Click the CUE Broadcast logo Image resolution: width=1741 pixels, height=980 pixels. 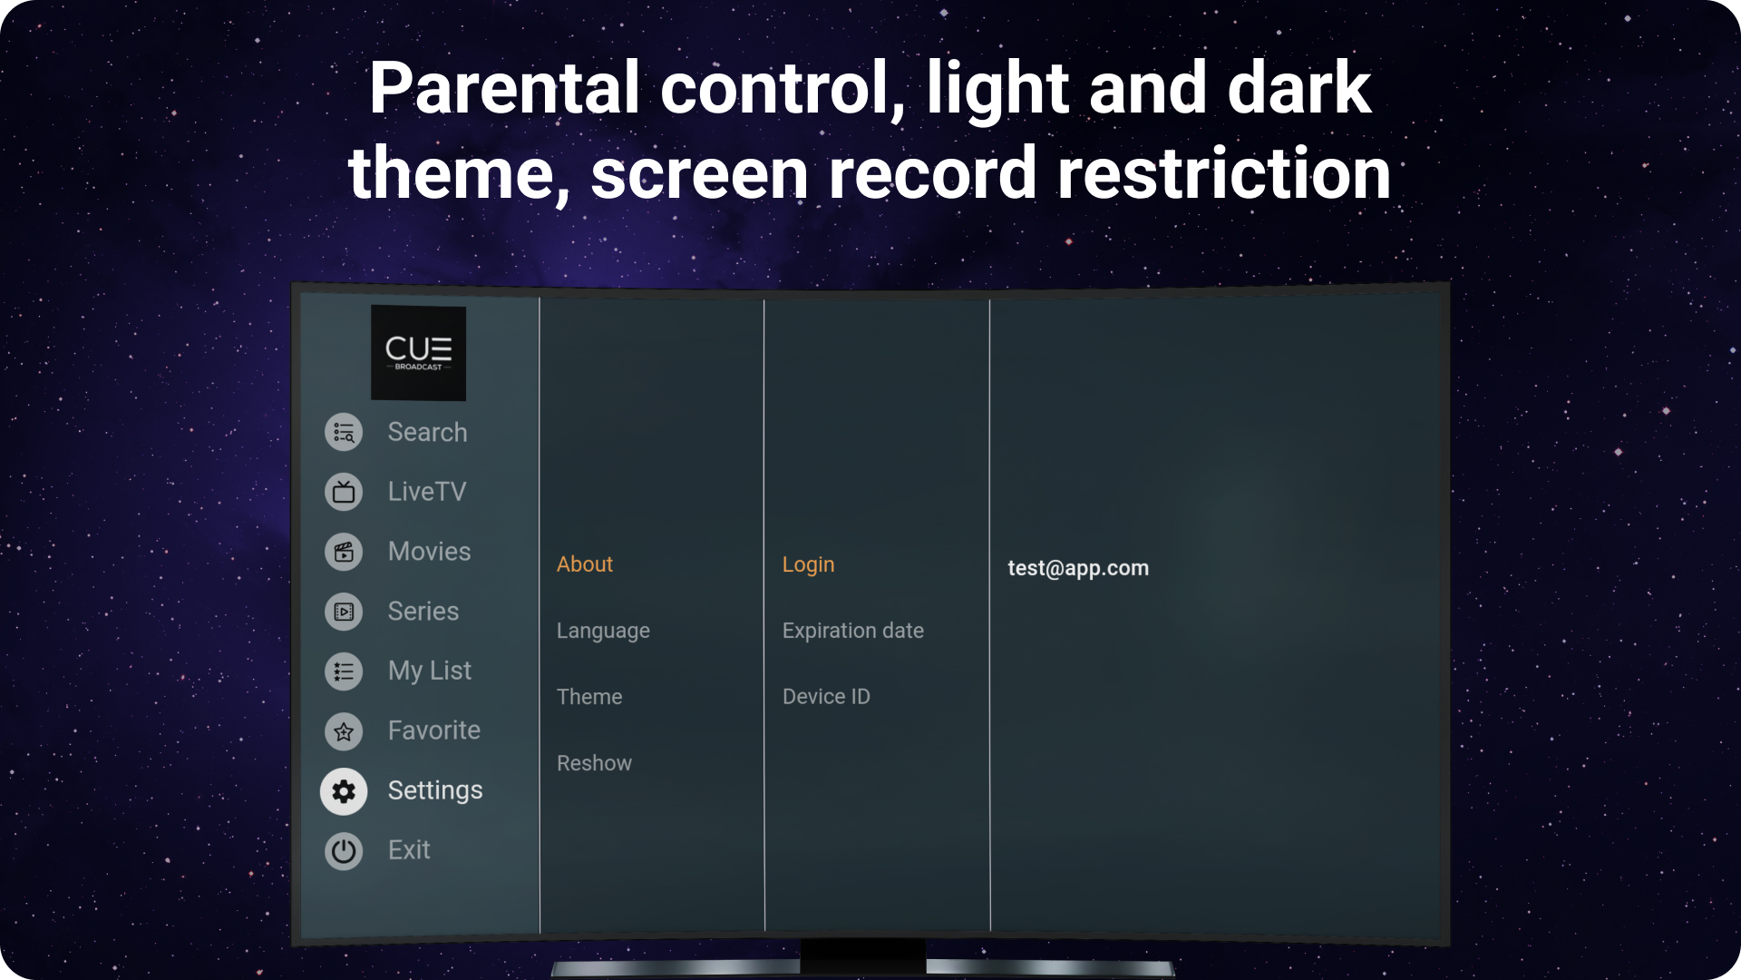(x=418, y=353)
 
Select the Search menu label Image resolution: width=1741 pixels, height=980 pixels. (x=427, y=432)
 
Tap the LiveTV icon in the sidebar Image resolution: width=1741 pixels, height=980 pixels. (x=344, y=492)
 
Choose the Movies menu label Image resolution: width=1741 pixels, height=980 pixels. (x=429, y=551)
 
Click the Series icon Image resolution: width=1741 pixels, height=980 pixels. (x=344, y=612)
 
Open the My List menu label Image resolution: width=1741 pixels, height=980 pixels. (x=429, y=671)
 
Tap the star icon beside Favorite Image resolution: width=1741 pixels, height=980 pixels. (x=344, y=731)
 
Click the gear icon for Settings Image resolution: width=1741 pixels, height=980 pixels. (x=344, y=791)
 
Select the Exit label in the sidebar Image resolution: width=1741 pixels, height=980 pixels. (x=409, y=850)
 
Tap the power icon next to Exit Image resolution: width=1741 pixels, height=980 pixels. (x=344, y=851)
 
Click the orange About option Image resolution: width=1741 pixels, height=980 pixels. (x=585, y=564)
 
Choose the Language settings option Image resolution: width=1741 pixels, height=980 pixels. (x=603, y=631)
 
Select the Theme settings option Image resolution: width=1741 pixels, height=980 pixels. (x=589, y=697)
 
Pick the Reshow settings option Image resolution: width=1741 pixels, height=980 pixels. (x=594, y=763)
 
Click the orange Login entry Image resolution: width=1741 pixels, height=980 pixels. (x=808, y=564)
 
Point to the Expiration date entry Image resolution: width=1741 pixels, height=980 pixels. (x=852, y=631)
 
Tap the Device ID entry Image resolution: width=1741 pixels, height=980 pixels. (x=826, y=697)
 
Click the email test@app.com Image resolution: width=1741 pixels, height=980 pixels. (x=1078, y=568)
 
